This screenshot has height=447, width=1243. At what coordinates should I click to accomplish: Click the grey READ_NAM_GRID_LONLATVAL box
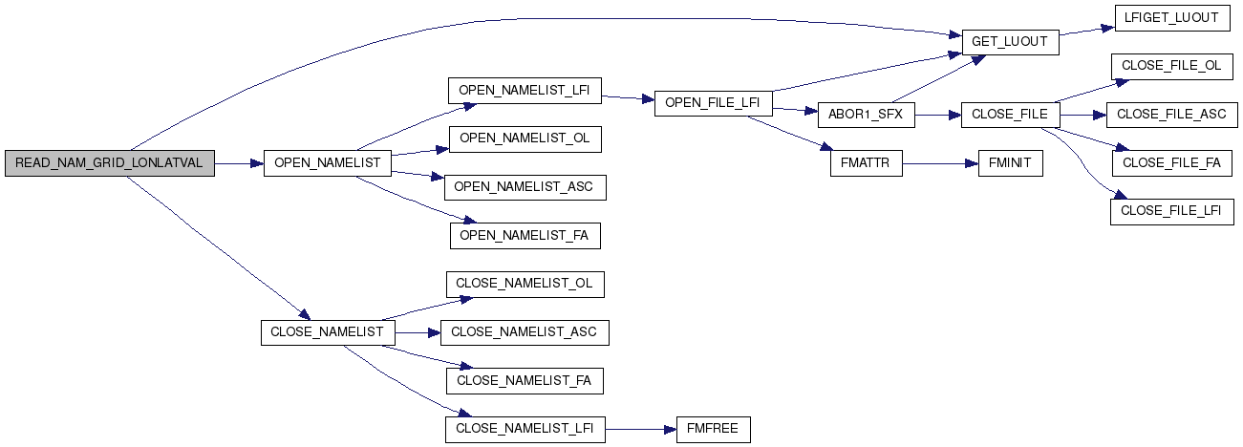[x=110, y=163]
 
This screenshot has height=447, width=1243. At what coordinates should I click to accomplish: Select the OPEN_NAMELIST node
[x=328, y=163]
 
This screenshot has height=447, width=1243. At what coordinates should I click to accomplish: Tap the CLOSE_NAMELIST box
[x=328, y=332]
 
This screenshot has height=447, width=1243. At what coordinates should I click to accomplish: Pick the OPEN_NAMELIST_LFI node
[x=525, y=91]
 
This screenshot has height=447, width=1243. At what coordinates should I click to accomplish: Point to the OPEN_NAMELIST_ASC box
[x=525, y=187]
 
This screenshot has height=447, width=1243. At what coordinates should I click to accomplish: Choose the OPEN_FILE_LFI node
[x=713, y=103]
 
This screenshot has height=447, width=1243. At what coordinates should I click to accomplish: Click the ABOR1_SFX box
[x=867, y=115]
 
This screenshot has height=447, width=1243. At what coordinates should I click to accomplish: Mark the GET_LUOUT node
[x=1011, y=42]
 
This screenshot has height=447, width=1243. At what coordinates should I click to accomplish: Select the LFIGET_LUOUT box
[x=1172, y=18]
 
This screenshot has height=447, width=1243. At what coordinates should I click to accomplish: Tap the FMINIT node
[x=1011, y=163]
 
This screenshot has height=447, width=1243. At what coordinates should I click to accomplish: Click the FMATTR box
[x=867, y=163]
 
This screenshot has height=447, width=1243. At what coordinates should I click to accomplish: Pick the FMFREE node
[x=714, y=430]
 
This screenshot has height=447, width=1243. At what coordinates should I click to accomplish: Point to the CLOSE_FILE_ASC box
[x=1172, y=115]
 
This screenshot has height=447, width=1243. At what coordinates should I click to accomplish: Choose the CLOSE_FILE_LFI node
[x=1172, y=212]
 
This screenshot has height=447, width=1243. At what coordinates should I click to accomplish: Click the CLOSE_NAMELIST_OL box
[x=525, y=285]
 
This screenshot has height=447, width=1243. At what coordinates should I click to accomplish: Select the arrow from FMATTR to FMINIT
[x=940, y=163]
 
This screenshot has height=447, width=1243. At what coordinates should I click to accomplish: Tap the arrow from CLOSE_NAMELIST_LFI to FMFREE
[x=641, y=430]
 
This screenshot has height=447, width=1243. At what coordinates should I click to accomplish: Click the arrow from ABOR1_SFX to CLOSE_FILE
[x=938, y=116]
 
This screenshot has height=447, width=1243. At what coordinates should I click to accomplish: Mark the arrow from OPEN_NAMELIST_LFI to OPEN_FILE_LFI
[x=628, y=98]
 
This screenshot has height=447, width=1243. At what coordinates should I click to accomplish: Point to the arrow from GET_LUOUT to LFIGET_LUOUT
[x=1087, y=31]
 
